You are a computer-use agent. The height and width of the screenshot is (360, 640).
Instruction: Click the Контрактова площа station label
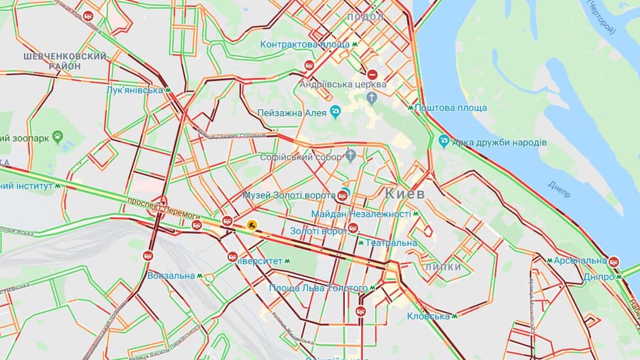click(x=304, y=45)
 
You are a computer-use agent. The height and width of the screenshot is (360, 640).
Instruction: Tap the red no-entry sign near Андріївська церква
click(x=372, y=75)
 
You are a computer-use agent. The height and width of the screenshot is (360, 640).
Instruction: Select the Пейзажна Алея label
click(x=292, y=113)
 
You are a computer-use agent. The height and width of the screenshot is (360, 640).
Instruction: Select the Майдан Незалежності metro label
click(x=361, y=214)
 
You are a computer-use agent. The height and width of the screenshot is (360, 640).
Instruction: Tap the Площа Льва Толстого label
click(x=318, y=288)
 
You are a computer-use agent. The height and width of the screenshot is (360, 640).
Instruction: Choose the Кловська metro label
click(x=428, y=316)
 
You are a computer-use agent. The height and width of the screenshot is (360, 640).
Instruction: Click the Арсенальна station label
click(x=576, y=261)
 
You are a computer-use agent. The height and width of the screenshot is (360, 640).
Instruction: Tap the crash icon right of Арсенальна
click(x=614, y=261)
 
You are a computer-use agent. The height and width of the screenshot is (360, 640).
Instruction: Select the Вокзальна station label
click(x=171, y=276)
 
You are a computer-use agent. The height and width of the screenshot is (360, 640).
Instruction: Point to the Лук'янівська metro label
click(x=134, y=90)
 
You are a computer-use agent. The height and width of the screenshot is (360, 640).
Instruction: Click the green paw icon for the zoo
click(x=57, y=137)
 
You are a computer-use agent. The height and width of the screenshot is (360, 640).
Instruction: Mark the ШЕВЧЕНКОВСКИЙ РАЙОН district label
click(x=65, y=61)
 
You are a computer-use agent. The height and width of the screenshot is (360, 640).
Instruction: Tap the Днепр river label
click(x=559, y=189)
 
